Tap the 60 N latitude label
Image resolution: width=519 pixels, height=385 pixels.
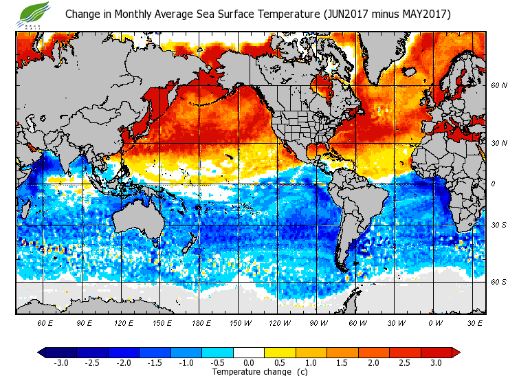click(499, 85)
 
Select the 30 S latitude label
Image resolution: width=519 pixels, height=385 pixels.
click(499, 225)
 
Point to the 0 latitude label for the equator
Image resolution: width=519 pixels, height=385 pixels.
click(494, 184)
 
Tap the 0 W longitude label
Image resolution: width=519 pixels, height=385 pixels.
click(435, 322)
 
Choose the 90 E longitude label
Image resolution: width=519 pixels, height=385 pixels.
click(84, 322)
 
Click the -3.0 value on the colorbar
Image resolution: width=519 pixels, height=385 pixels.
click(60, 362)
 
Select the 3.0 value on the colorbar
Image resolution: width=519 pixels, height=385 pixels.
click(436, 362)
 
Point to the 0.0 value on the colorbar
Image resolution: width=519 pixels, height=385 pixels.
click(249, 362)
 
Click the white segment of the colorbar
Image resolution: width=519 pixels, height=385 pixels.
click(249, 352)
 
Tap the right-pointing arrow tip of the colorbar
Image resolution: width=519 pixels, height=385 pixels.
click(456, 352)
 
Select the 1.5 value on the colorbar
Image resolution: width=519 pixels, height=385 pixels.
click(342, 362)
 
